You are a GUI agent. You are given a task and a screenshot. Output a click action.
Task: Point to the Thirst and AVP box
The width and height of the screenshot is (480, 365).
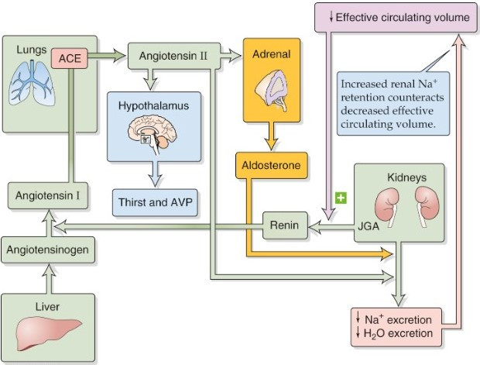pyautogui.click(x=156, y=203)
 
